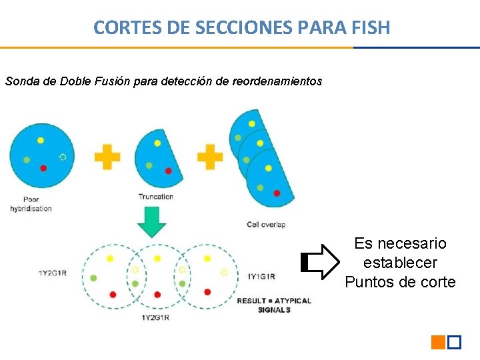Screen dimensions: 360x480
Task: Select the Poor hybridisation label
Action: (31, 204)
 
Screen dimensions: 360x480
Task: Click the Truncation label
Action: (155, 197)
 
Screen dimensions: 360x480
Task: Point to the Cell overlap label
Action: (266, 225)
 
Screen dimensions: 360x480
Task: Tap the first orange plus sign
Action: (107, 158)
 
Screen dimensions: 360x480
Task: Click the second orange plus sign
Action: (209, 157)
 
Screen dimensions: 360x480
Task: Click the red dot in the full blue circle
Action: (43, 168)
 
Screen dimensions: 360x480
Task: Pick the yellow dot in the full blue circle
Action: (41, 141)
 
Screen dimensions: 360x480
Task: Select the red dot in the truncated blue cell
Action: (168, 171)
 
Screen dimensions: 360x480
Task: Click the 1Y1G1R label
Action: (261, 276)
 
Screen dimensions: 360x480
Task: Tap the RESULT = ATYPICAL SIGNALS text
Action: (274, 305)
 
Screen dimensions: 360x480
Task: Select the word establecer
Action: (400, 263)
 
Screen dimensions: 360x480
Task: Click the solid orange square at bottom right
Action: (438, 343)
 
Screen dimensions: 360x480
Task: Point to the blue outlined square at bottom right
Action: (455, 343)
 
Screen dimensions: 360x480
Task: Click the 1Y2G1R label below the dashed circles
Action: (155, 317)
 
